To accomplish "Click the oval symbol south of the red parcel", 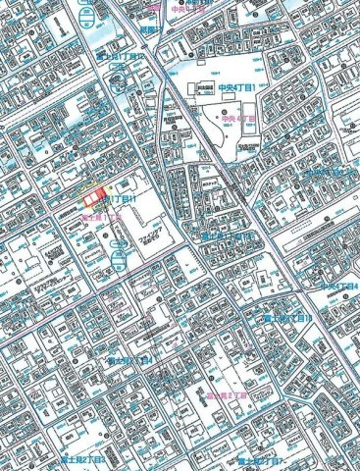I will pyautogui.click(x=118, y=258).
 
